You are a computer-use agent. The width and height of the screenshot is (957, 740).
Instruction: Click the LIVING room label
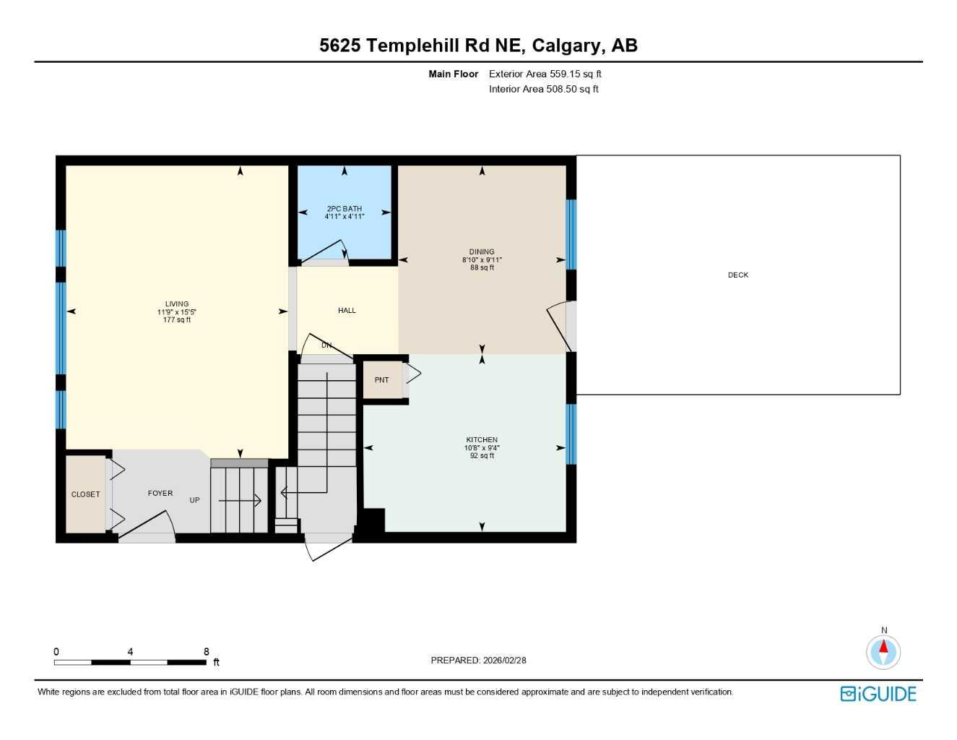(177, 304)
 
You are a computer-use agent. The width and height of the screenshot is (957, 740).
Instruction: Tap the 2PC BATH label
(345, 209)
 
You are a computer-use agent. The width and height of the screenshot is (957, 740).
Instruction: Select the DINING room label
(482, 252)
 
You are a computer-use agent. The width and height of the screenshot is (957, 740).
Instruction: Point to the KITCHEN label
(482, 440)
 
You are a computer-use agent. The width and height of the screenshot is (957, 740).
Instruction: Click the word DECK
(738, 275)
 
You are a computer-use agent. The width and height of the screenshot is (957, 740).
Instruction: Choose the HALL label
(347, 311)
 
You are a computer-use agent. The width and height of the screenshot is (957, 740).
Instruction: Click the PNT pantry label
(381, 380)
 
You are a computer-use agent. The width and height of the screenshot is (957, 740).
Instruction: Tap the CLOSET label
(85, 495)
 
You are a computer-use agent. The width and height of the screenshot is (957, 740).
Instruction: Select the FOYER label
(160, 494)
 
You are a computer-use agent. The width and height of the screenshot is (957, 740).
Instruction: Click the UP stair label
(194, 500)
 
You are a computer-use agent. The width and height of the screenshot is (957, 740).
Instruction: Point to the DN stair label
(326, 345)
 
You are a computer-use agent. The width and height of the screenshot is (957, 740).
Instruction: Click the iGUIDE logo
(878, 694)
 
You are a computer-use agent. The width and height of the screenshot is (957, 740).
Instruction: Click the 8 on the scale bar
(207, 652)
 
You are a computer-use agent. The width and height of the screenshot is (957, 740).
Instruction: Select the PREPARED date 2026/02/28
(505, 661)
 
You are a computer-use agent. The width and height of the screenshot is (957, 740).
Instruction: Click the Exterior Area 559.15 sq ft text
(545, 74)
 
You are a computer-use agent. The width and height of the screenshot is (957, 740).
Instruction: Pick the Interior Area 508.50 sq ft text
(544, 90)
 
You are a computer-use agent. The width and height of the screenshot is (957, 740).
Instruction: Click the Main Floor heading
(453, 74)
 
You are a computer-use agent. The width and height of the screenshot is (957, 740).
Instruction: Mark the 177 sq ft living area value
(177, 320)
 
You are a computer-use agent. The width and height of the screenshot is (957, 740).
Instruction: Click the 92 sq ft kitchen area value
(482, 456)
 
